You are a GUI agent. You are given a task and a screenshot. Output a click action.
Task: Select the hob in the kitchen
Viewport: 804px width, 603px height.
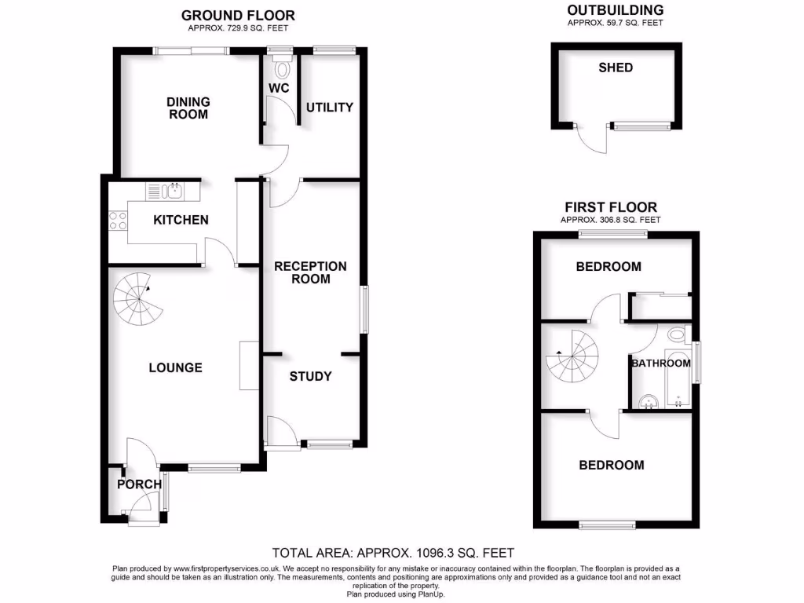coord(118,221)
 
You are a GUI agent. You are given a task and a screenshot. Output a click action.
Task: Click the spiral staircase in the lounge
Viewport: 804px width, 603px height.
coord(138,300)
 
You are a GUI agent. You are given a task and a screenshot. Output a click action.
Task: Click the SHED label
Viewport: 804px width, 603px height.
coord(616,68)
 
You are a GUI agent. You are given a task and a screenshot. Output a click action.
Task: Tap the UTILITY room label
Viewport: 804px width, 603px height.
coord(329,107)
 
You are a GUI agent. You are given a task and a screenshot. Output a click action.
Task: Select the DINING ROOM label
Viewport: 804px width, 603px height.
coord(188,108)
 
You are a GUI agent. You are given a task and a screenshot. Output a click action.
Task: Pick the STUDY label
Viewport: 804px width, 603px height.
coord(310,376)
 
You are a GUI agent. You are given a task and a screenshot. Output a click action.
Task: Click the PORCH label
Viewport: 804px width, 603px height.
coord(139,484)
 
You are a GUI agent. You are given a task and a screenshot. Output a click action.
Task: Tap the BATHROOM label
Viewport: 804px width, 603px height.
coord(661,364)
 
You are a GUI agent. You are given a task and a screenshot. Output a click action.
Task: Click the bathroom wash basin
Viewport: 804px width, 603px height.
coord(649,401)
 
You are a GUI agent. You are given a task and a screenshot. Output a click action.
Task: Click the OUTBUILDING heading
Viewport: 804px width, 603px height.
coord(615,10)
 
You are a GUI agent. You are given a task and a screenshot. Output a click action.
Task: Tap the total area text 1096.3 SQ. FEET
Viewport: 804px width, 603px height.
coord(393,553)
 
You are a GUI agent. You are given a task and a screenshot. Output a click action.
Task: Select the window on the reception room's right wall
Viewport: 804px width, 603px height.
coord(365,309)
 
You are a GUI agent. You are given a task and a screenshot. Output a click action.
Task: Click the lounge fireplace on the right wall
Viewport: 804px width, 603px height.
coord(248,365)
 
